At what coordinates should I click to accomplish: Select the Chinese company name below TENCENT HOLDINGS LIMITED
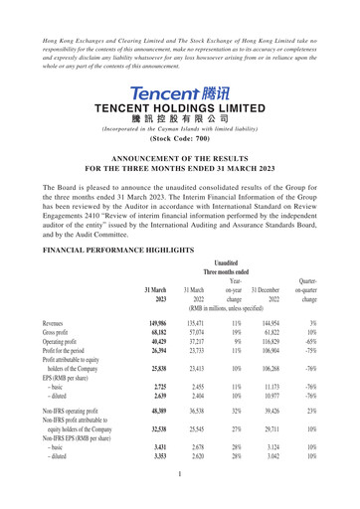pos(180,115)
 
